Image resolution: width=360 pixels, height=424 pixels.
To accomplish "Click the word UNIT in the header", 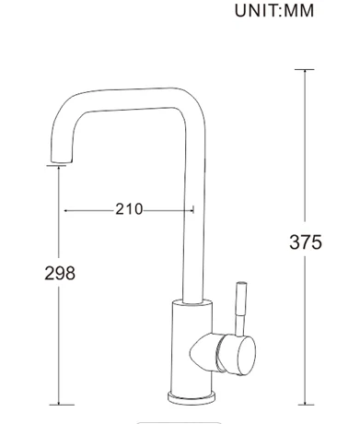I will (261, 11).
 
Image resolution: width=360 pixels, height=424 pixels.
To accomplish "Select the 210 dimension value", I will (129, 209).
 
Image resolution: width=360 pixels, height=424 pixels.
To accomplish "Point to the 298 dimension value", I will (60, 273).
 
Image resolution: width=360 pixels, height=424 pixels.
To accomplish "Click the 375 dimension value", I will (306, 242).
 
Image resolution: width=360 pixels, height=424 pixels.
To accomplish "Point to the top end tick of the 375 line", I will (305, 69).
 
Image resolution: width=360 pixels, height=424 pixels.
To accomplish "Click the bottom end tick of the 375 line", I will (305, 404).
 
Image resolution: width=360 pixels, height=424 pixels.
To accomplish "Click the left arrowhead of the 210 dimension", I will (66, 209).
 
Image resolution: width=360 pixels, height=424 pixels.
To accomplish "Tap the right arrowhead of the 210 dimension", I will (191, 209).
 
